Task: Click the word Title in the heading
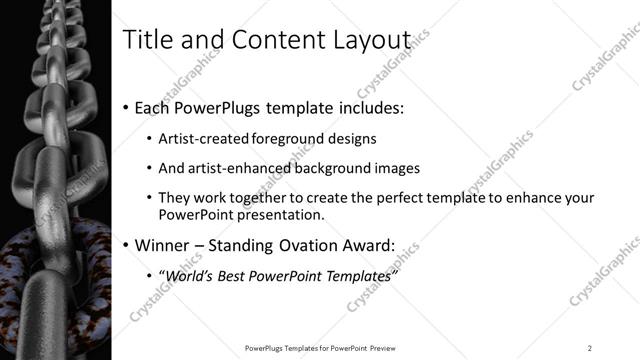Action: coord(143,40)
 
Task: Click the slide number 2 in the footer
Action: coord(590,347)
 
